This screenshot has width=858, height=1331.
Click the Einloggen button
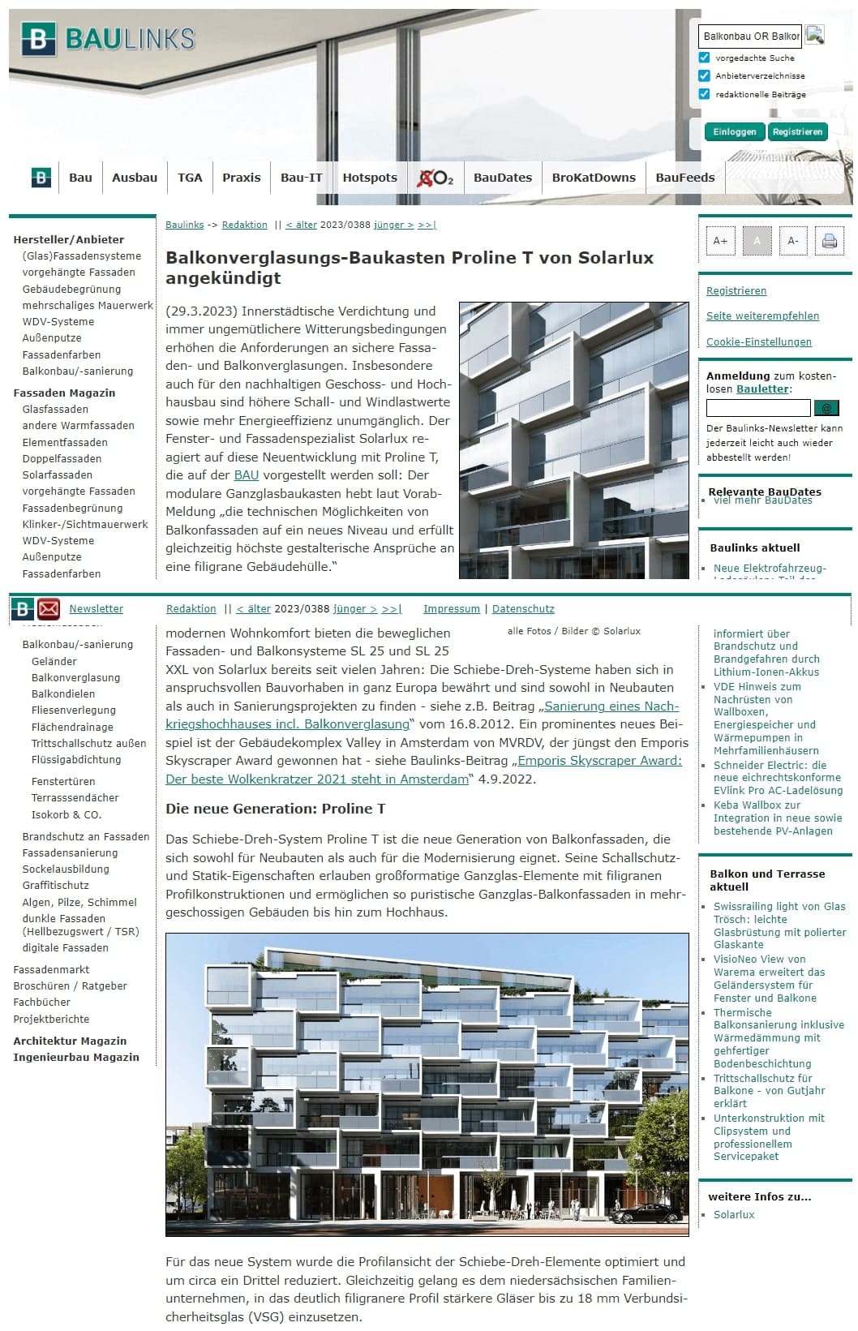(x=734, y=131)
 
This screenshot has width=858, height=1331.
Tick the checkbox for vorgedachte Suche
(x=704, y=58)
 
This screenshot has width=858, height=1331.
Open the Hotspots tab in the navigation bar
(x=370, y=178)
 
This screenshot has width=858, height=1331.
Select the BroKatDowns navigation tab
(x=594, y=178)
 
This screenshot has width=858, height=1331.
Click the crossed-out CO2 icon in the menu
(x=435, y=178)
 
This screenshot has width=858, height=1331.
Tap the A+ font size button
(x=720, y=241)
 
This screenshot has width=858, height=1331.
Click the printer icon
(x=829, y=241)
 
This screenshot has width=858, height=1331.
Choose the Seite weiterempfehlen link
(x=762, y=316)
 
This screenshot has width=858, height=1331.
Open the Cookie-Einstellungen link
(x=758, y=342)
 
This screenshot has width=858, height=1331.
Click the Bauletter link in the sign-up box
(x=761, y=389)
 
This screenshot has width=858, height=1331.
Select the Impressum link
(x=451, y=609)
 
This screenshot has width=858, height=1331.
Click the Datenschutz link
(x=523, y=609)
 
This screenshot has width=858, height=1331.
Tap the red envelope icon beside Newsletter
(x=49, y=608)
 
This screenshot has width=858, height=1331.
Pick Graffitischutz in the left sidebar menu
(x=55, y=886)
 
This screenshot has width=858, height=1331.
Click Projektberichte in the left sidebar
(x=51, y=1020)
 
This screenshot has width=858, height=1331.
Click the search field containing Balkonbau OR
(x=750, y=36)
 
